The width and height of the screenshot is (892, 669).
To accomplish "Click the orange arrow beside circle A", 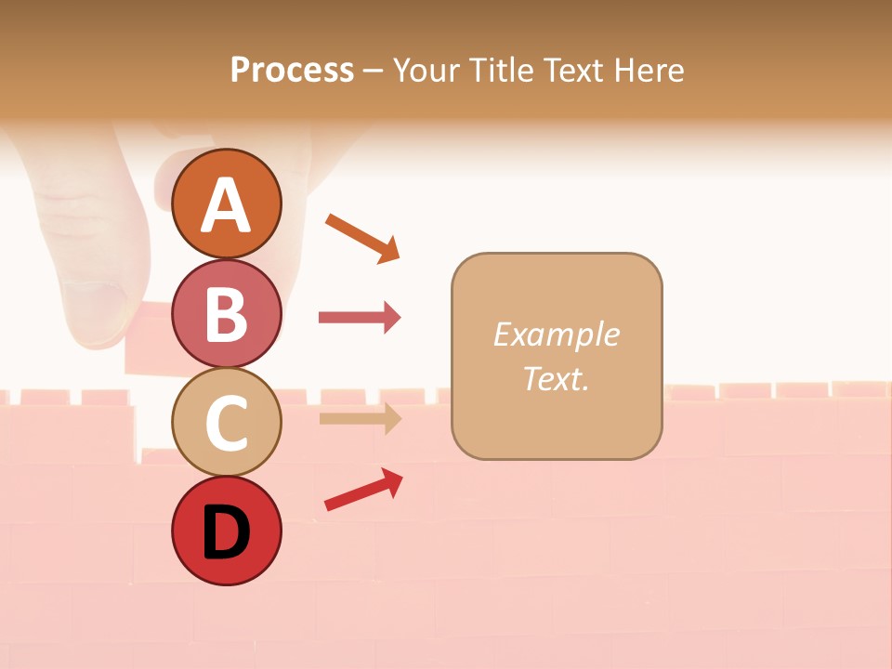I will click(363, 237).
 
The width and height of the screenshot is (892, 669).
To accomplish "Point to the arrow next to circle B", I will click(360, 318).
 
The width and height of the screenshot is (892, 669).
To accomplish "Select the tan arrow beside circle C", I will click(360, 418).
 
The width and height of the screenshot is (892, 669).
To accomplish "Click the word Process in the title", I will click(292, 70).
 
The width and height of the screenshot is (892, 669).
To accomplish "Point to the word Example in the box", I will click(556, 334).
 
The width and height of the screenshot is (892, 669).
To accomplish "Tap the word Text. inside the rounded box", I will click(556, 379).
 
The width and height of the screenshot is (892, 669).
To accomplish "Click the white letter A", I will click(226, 206).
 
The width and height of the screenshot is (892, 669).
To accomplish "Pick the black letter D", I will click(226, 532).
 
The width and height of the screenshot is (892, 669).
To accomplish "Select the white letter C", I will click(226, 423).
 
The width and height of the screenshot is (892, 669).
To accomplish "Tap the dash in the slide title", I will click(374, 71).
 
